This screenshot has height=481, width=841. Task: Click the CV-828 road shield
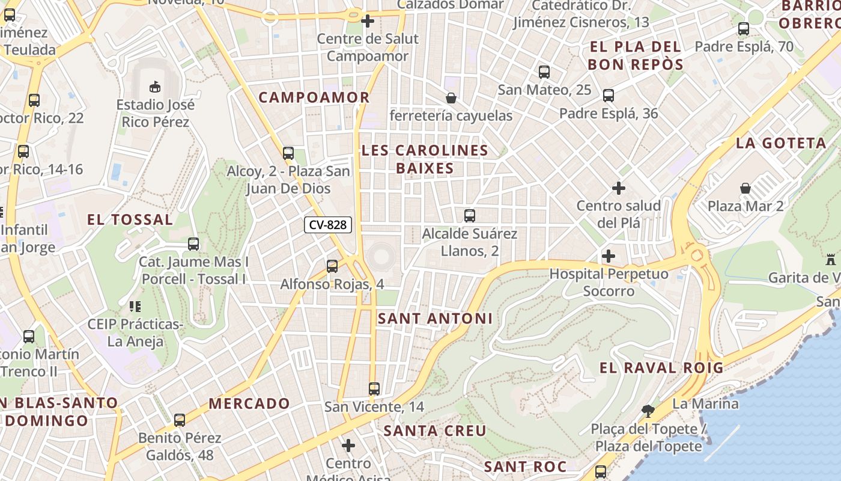click(327, 225)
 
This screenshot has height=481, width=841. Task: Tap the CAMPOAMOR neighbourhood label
click(314, 97)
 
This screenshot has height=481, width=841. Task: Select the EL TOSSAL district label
click(130, 219)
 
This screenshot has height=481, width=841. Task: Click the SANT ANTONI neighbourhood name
click(435, 319)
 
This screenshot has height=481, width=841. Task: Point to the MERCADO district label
click(249, 403)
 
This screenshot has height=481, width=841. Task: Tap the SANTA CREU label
click(435, 431)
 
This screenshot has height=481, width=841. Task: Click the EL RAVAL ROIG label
click(661, 368)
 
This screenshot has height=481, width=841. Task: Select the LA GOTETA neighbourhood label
click(781, 143)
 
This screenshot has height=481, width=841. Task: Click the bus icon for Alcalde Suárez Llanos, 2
click(470, 215)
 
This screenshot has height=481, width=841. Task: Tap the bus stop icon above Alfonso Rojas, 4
click(332, 266)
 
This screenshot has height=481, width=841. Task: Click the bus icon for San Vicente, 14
click(374, 388)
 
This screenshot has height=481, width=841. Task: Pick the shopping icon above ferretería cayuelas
click(451, 97)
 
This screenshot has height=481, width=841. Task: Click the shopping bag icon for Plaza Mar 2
click(745, 188)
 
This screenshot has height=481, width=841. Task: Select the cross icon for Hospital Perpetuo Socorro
click(609, 256)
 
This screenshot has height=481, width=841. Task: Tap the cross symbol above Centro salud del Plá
click(618, 188)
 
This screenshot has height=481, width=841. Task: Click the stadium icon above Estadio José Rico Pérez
click(155, 87)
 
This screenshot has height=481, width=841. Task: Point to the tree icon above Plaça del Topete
click(648, 411)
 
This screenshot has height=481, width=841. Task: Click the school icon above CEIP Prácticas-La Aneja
click(135, 307)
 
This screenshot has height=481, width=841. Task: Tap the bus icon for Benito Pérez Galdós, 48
click(180, 420)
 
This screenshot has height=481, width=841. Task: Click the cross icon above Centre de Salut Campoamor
click(368, 22)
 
